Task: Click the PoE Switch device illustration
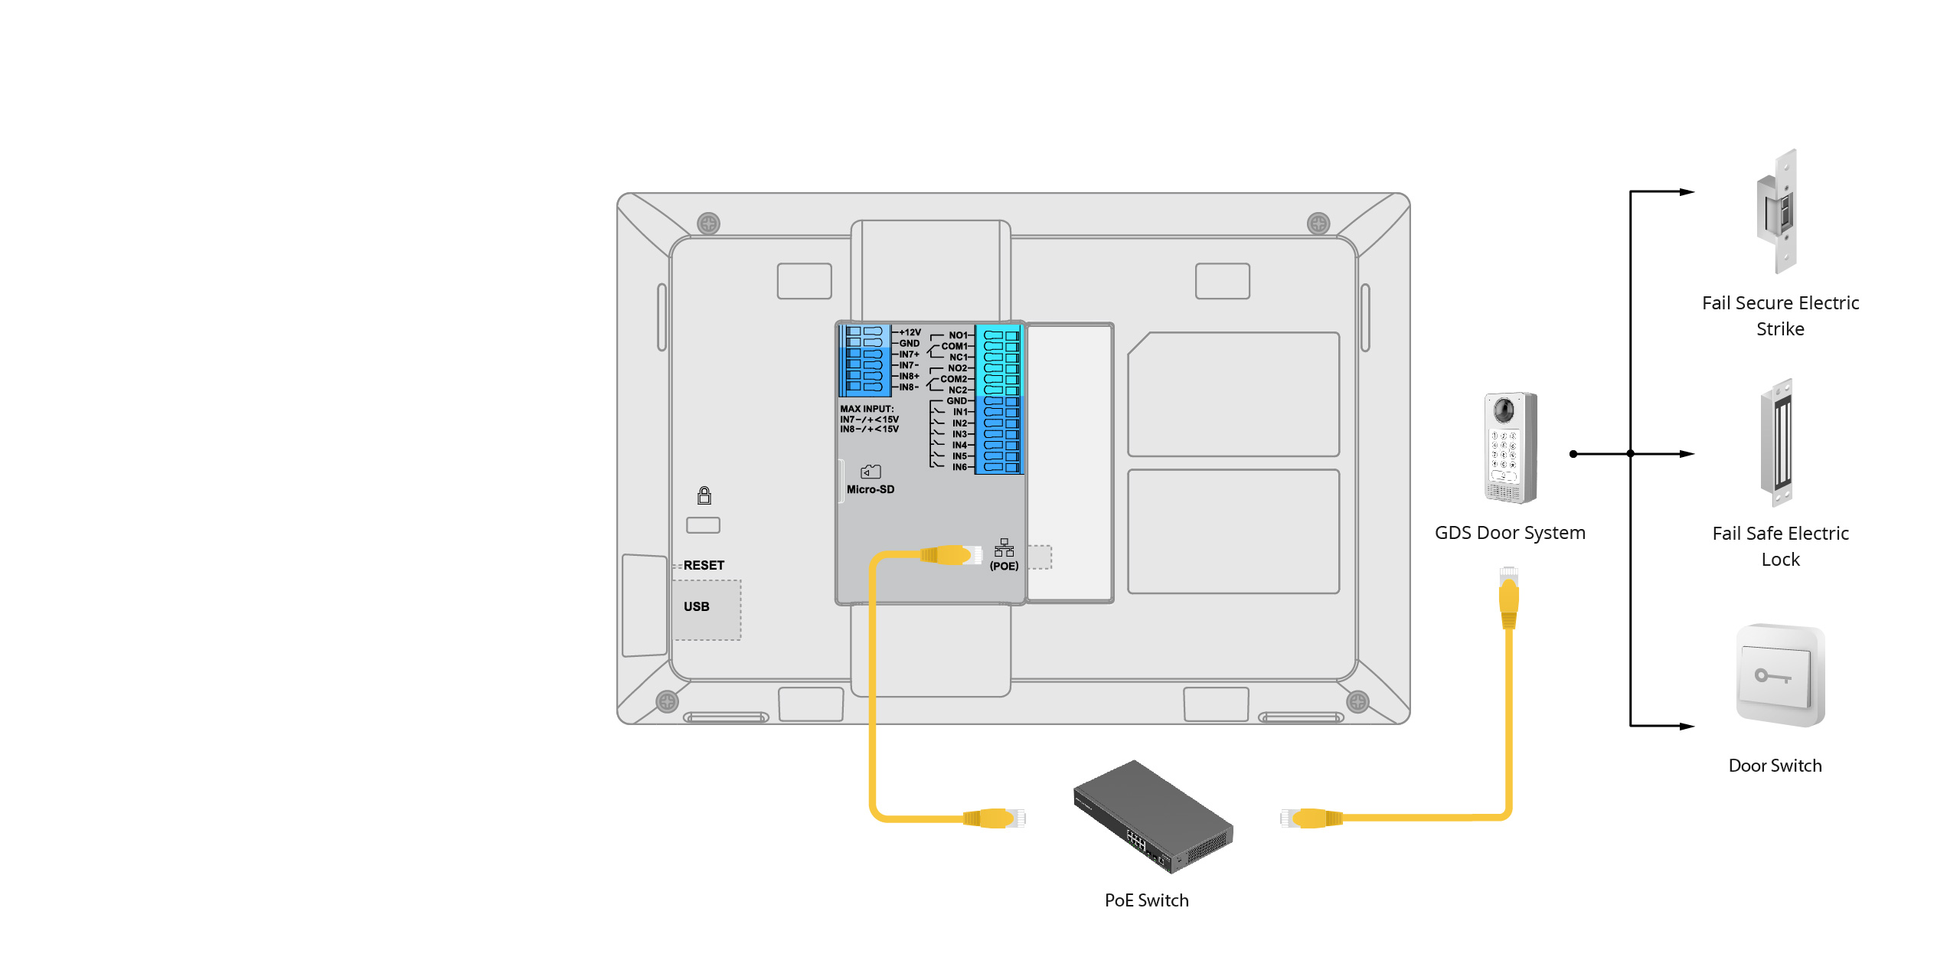pos(1153,816)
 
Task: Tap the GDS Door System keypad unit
pos(1510,448)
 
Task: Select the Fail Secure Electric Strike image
pos(1777,211)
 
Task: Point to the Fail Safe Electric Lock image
pos(1777,443)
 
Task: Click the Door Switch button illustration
pos(1780,675)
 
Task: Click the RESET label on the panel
pos(704,565)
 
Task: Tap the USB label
pos(697,606)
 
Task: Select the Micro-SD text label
pos(871,489)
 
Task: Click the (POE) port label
pos(1004,566)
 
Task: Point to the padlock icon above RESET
pos(704,495)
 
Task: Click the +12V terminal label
pos(910,332)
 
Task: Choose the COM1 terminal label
pos(954,346)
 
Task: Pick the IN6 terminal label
pos(959,467)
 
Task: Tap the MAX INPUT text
pos(867,409)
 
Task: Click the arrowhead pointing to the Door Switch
pos(1687,726)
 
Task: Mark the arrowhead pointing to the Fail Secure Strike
pos(1687,191)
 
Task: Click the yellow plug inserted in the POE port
pos(952,554)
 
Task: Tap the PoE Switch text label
pos(1146,900)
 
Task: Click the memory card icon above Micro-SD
pos(871,472)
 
